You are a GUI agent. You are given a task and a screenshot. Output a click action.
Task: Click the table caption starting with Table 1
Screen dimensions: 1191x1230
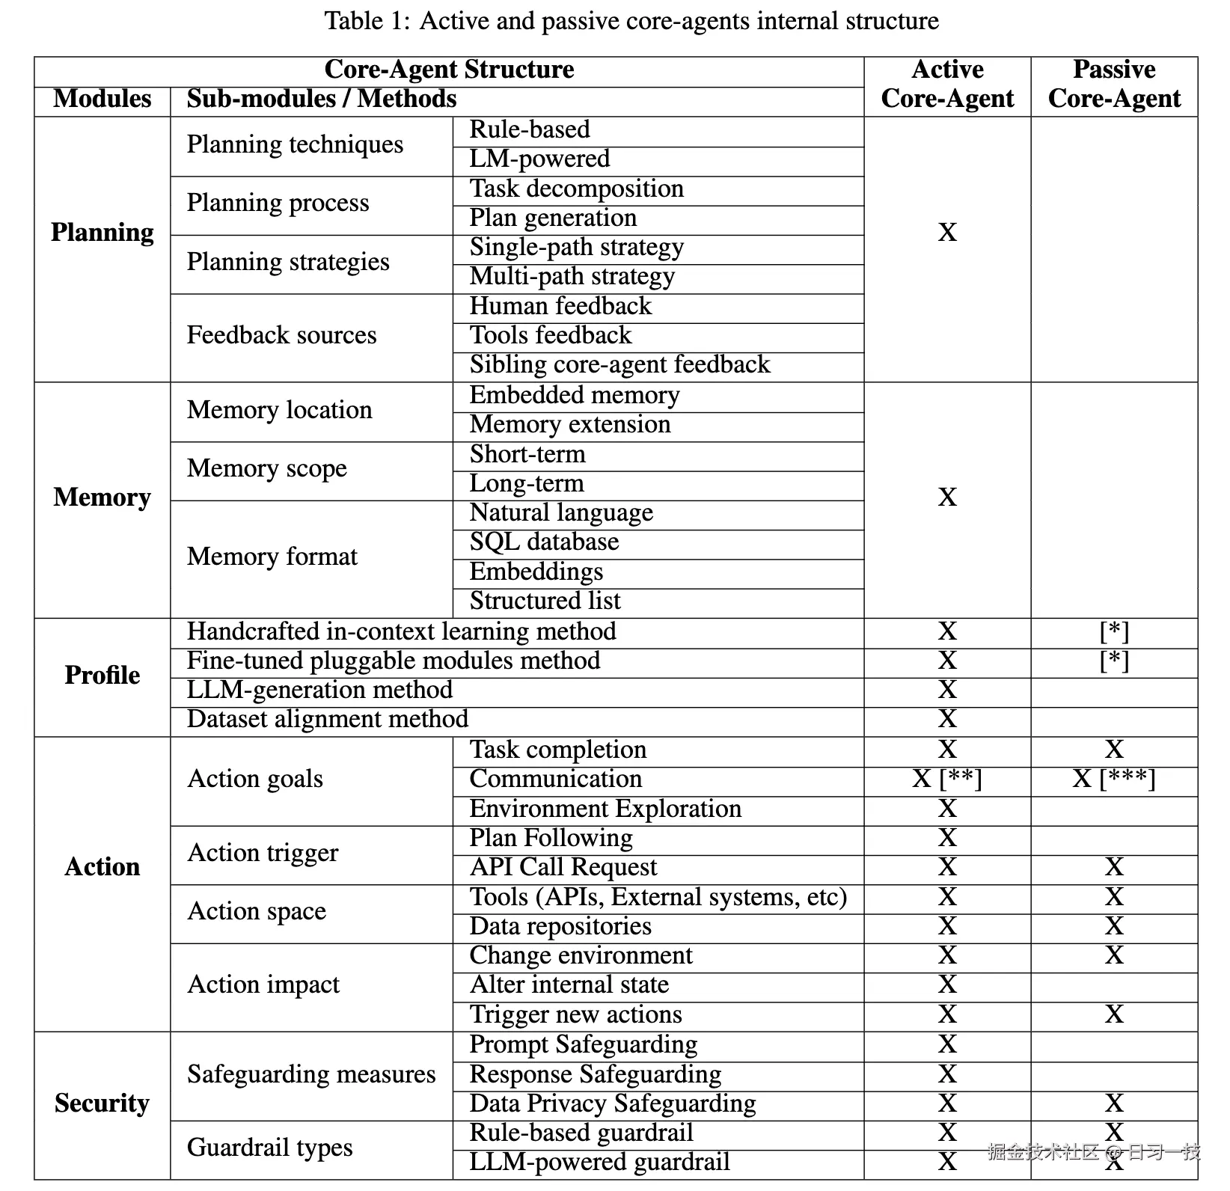pos(631,21)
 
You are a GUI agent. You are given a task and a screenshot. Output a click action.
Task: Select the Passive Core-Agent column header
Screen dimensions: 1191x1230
pos(1114,84)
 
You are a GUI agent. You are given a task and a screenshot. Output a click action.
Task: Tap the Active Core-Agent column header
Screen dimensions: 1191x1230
pos(947,84)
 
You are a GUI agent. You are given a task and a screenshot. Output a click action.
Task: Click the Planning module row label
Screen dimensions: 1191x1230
pos(102,233)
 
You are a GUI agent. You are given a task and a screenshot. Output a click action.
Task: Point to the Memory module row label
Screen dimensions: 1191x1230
pos(102,497)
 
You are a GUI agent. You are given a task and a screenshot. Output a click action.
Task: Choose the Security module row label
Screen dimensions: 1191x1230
pos(102,1103)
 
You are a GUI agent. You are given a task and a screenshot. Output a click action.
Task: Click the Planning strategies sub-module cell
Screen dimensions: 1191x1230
pos(288,262)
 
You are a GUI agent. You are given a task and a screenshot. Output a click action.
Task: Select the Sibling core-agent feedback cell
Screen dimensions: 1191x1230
pos(619,364)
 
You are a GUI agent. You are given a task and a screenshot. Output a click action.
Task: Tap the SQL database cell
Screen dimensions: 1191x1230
pos(544,542)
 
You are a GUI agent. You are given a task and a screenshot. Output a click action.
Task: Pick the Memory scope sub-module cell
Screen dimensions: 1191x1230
pos(267,468)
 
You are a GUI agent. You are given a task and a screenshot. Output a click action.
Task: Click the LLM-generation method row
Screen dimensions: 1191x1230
pos(319,690)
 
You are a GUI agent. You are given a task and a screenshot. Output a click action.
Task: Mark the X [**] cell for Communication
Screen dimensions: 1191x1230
pos(947,779)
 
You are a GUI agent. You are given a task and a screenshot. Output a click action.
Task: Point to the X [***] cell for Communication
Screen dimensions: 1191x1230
pos(1114,779)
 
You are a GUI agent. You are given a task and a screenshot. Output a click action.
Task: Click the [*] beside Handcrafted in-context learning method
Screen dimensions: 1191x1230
pos(1114,631)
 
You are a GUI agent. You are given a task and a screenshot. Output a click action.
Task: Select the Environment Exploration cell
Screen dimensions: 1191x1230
pos(605,809)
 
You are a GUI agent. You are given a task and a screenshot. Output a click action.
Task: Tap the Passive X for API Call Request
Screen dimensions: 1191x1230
pos(1114,867)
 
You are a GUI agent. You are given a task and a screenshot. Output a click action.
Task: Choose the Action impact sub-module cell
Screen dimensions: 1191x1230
pos(263,985)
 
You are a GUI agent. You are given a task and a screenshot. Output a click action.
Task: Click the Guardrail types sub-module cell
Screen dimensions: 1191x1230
pos(269,1148)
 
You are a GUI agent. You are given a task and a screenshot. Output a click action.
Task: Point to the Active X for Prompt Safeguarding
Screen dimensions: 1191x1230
pos(947,1044)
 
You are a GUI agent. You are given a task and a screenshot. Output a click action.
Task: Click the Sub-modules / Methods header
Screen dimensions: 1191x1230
pos(322,99)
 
